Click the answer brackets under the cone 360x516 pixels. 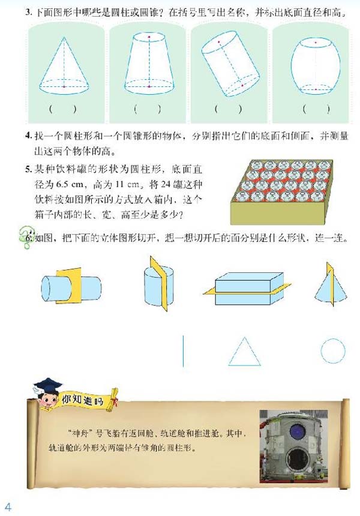coord(63,109)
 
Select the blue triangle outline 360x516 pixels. coord(244,352)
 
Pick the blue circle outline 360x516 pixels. coord(332,351)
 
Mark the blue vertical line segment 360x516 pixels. coord(183,351)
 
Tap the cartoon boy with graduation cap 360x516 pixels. coord(47,395)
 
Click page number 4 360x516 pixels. coord(8,505)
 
